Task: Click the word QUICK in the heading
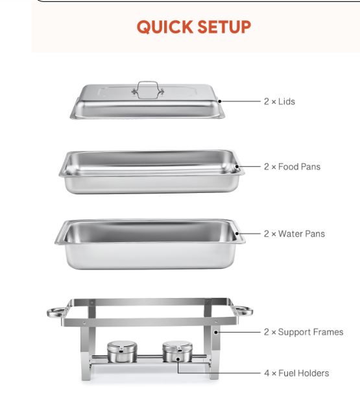[x=165, y=27]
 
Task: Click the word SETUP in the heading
[x=224, y=27]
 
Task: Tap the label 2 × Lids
[x=280, y=101]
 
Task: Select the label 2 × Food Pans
[x=293, y=167]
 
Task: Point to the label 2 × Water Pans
[x=294, y=234]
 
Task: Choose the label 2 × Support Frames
[x=304, y=332]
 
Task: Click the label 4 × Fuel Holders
[x=296, y=373]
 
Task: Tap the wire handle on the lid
[x=148, y=82]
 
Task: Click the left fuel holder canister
[x=122, y=351]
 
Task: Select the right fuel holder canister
[x=178, y=351]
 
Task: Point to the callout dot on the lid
[x=220, y=101]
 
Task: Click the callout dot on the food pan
[x=237, y=167]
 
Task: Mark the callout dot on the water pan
[x=237, y=233]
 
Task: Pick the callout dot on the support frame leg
[x=216, y=332]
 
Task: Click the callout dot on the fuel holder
[x=178, y=359]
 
